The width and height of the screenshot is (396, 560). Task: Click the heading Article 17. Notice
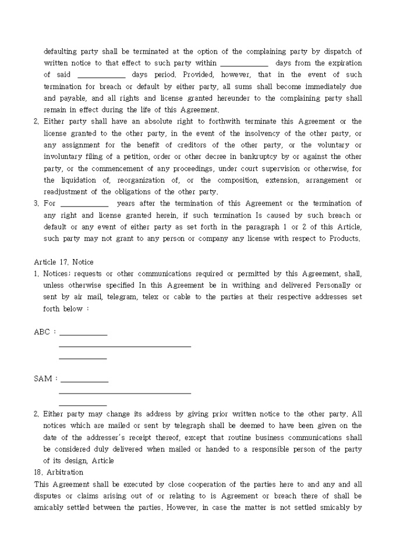(64, 262)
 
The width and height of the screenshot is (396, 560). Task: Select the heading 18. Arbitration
(59, 472)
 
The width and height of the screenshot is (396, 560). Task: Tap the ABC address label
(42, 332)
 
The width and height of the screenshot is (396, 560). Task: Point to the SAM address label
(43, 379)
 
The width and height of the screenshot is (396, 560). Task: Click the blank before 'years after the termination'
(84, 204)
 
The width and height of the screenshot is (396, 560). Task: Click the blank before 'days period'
(101, 75)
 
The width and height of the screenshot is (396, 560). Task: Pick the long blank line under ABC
(125, 346)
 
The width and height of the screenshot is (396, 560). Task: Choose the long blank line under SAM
(125, 393)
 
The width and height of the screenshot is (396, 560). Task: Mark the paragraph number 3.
(36, 204)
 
